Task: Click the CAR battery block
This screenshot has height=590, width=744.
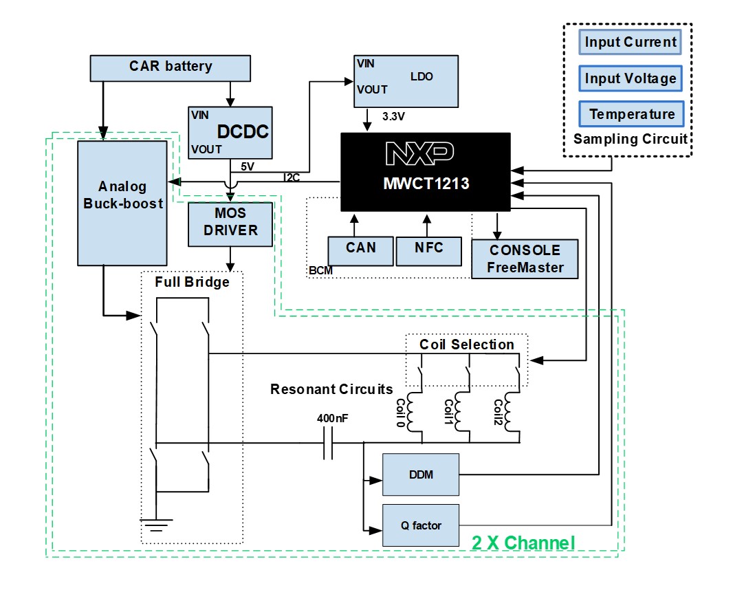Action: click(171, 67)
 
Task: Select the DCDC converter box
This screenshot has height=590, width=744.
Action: click(230, 133)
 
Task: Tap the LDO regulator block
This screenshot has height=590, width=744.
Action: click(406, 81)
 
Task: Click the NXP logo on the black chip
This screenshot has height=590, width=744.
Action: click(419, 154)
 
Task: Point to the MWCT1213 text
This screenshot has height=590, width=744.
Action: click(426, 183)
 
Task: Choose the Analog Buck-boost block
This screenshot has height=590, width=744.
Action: click(122, 203)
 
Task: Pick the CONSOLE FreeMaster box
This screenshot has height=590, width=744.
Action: click(524, 259)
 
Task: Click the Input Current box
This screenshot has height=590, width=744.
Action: click(631, 42)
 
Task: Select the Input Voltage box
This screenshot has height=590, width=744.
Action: click(631, 78)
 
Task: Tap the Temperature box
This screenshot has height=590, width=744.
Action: click(631, 114)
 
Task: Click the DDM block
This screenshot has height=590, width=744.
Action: click(420, 474)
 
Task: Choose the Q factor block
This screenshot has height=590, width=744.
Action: click(420, 526)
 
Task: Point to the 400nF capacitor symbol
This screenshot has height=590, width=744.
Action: click(328, 444)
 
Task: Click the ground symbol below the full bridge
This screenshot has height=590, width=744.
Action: click(157, 522)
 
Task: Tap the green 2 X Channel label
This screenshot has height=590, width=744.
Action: click(523, 543)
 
